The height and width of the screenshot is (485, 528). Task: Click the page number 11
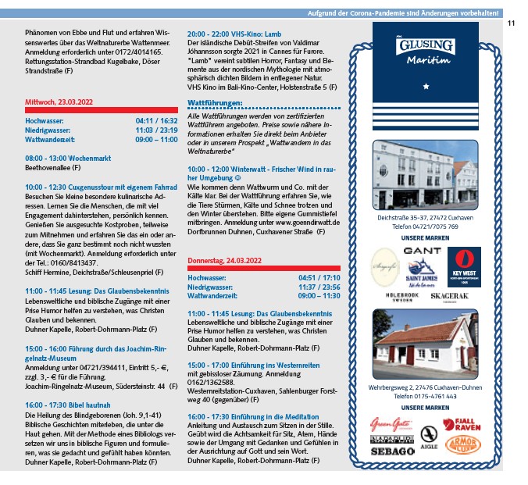click(x=511, y=23)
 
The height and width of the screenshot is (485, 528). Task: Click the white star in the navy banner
click(x=425, y=86)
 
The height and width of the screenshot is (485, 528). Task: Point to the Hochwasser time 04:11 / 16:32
click(x=156, y=121)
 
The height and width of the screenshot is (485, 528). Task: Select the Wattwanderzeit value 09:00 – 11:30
click(x=319, y=296)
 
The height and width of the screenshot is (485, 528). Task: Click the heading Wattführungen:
click(x=215, y=102)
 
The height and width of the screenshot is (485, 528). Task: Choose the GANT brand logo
click(x=424, y=251)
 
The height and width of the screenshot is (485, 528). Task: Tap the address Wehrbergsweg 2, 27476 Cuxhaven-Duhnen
click(x=425, y=387)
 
